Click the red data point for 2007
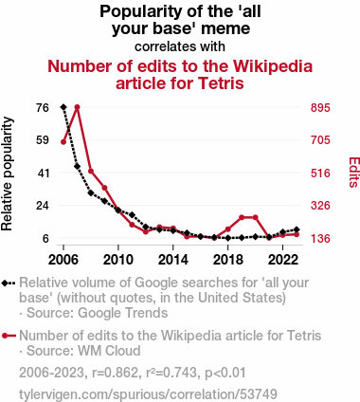(x=77, y=107)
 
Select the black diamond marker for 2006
(x=63, y=107)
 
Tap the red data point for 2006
(x=63, y=142)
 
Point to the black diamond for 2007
(x=77, y=166)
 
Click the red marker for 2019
(x=242, y=217)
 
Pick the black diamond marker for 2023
(x=297, y=229)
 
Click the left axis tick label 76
(x=43, y=108)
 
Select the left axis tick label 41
(x=43, y=173)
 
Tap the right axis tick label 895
(x=320, y=108)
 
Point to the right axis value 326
(x=320, y=206)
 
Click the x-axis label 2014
(x=172, y=260)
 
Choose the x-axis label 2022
(x=282, y=260)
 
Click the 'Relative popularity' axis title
(x=7, y=174)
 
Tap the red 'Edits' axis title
(x=353, y=173)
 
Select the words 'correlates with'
(x=180, y=46)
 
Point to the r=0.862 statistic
(x=115, y=373)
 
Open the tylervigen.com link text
(x=148, y=394)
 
